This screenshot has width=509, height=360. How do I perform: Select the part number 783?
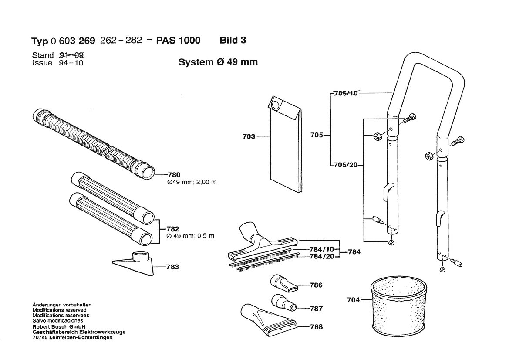click(x=172, y=267)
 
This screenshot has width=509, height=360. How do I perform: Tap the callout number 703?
click(x=249, y=137)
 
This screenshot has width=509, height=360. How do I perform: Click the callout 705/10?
click(x=346, y=93)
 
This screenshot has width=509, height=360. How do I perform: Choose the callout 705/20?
click(x=346, y=165)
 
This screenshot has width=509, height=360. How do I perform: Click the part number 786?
click(x=316, y=285)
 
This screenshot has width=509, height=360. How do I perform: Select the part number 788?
click(x=317, y=327)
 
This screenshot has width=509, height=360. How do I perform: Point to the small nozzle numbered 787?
click(x=283, y=302)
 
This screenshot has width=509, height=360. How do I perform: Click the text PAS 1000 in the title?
click(x=178, y=41)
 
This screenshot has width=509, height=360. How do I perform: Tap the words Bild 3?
click(x=233, y=41)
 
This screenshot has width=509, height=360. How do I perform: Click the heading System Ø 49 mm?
click(x=218, y=62)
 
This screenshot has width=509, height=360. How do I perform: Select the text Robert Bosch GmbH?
click(x=54, y=327)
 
